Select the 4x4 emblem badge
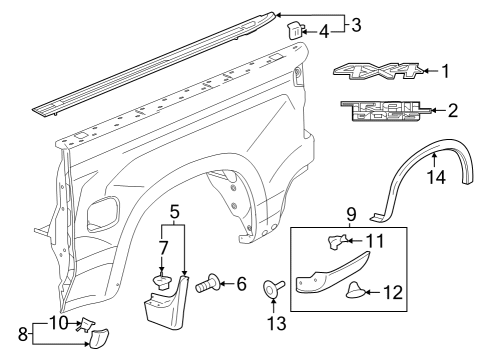378,72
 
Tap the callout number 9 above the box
352,213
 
